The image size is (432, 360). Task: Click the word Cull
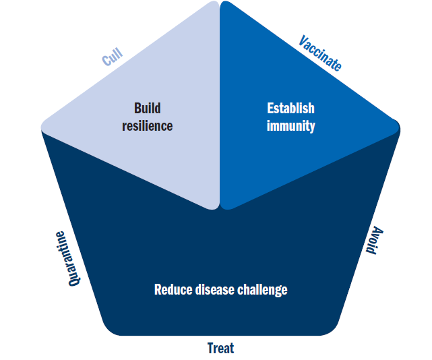click(112, 57)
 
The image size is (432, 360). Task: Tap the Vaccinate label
click(320, 53)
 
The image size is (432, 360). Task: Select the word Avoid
click(374, 241)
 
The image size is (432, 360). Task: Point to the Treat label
click(220, 348)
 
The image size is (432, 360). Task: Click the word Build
click(148, 108)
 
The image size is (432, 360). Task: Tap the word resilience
click(148, 126)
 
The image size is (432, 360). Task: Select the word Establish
click(290, 108)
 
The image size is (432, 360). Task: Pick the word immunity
click(290, 127)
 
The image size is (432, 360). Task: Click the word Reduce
click(173, 290)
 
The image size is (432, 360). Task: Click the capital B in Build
click(137, 109)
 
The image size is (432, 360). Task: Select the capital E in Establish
click(270, 109)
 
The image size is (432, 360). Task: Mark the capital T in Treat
click(212, 349)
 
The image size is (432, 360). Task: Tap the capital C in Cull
click(106, 61)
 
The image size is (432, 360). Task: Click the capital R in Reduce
click(158, 290)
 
